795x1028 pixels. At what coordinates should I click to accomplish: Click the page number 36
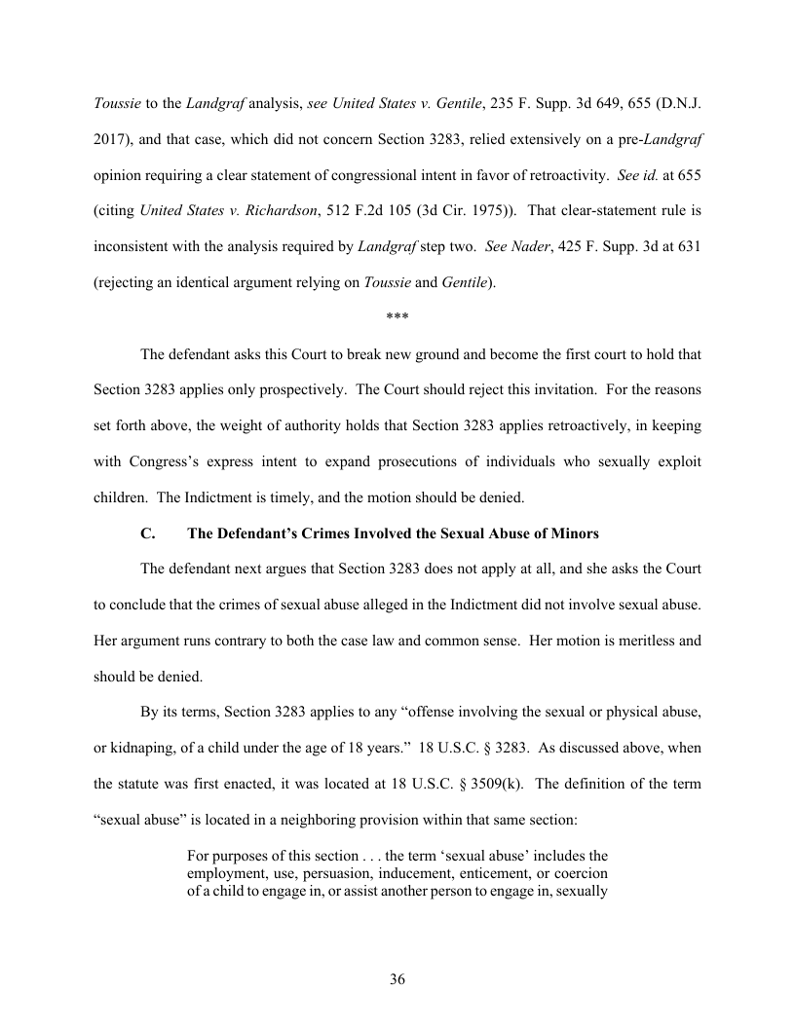pyautogui.click(x=397, y=979)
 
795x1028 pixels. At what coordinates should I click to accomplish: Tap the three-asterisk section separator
pyautogui.click(x=397, y=318)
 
